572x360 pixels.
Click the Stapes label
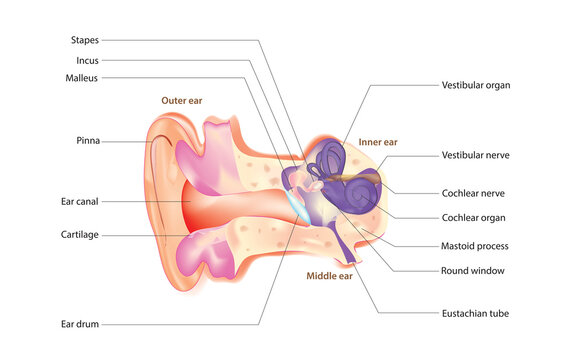[x=84, y=40]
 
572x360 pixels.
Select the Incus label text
[x=87, y=60]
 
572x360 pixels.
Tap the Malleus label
[x=82, y=77]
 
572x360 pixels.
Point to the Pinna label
[x=87, y=141]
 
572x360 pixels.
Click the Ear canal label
[x=79, y=201]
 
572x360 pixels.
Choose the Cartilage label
[x=80, y=235]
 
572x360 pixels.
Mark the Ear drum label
[x=79, y=324]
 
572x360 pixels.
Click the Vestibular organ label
[x=476, y=85]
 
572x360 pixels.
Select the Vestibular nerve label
[x=476, y=155]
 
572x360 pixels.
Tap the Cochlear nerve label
[x=474, y=192]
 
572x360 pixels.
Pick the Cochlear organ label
[x=473, y=217]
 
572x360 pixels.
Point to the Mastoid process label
[x=475, y=245]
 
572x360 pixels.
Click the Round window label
[x=472, y=270]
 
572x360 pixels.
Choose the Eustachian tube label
[x=475, y=313]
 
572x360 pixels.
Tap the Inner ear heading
[x=378, y=143]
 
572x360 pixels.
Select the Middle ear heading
[x=329, y=275]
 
